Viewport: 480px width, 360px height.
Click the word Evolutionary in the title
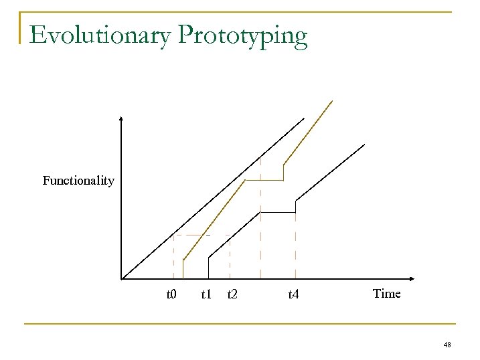[x=100, y=35]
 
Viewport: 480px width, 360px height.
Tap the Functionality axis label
[x=78, y=181]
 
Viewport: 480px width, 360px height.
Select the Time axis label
[x=386, y=293]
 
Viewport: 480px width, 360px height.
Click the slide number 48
[x=447, y=345]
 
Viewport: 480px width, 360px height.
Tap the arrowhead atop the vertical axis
[x=121, y=119]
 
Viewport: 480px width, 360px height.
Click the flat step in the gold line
[x=264, y=180]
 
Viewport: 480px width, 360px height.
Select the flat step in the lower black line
[x=277, y=212]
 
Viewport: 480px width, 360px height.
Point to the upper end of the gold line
[x=331, y=101]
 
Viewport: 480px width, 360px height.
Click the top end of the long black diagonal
[x=303, y=119]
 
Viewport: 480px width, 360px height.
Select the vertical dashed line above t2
[x=230, y=258]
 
